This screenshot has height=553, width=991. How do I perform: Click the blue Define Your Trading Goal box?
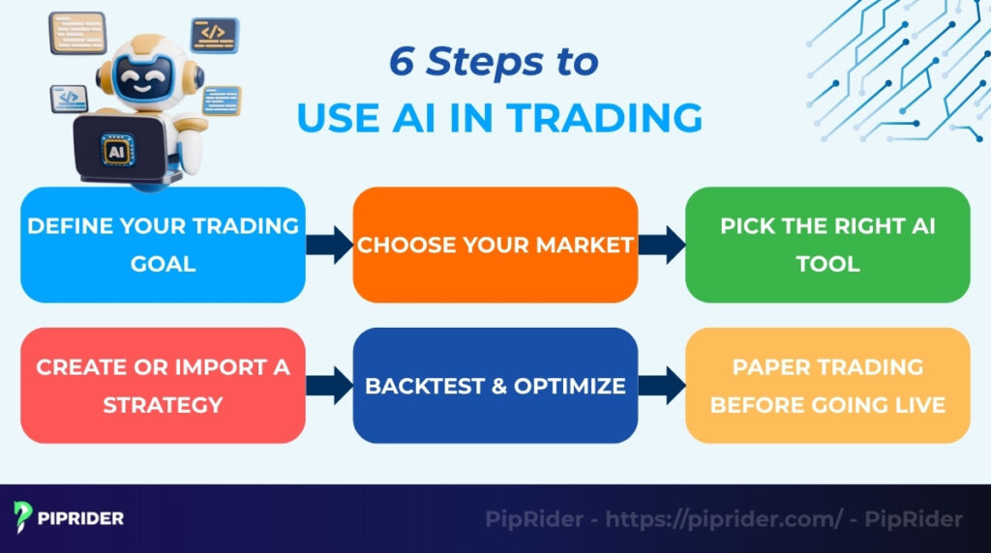pos(163,245)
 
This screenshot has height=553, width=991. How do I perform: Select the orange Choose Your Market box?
pos(495,245)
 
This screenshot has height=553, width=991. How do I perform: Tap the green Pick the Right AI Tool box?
pos(827,245)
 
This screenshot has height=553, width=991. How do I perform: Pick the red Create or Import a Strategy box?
pos(163,385)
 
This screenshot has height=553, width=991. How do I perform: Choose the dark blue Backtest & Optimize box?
pos(495,385)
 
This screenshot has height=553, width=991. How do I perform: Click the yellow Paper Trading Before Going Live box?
pos(827,385)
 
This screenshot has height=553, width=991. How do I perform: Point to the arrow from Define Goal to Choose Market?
pos(329,244)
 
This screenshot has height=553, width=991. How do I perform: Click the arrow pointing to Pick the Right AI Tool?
pos(662,244)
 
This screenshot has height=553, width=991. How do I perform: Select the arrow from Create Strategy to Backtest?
pos(329,385)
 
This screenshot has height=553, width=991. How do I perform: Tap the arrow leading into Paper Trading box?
pos(662,385)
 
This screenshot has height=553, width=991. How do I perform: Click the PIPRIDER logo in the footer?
pos(69,518)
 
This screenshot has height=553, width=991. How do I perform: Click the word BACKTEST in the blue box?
pos(421,386)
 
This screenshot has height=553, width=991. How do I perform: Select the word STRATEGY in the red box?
pos(163,403)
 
